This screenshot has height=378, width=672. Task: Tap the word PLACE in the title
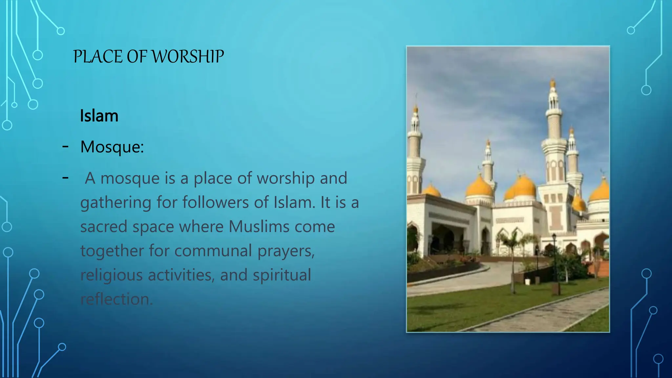coord(98,56)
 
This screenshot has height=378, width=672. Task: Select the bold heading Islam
coord(99,116)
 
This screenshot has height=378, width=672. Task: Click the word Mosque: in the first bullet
coord(112,147)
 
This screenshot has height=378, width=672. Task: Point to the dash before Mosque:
coord(65,146)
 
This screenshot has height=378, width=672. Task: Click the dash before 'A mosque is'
coord(65,178)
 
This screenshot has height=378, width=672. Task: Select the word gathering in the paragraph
coord(116,202)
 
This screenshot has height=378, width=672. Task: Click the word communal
coord(213,251)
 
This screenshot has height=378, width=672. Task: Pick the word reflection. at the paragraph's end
coord(116,299)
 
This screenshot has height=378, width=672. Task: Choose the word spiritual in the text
coord(282,275)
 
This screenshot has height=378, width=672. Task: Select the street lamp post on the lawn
coord(555,262)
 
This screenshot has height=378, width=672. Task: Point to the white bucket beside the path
coord(528,282)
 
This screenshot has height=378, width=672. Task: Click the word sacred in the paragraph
coord(104,227)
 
